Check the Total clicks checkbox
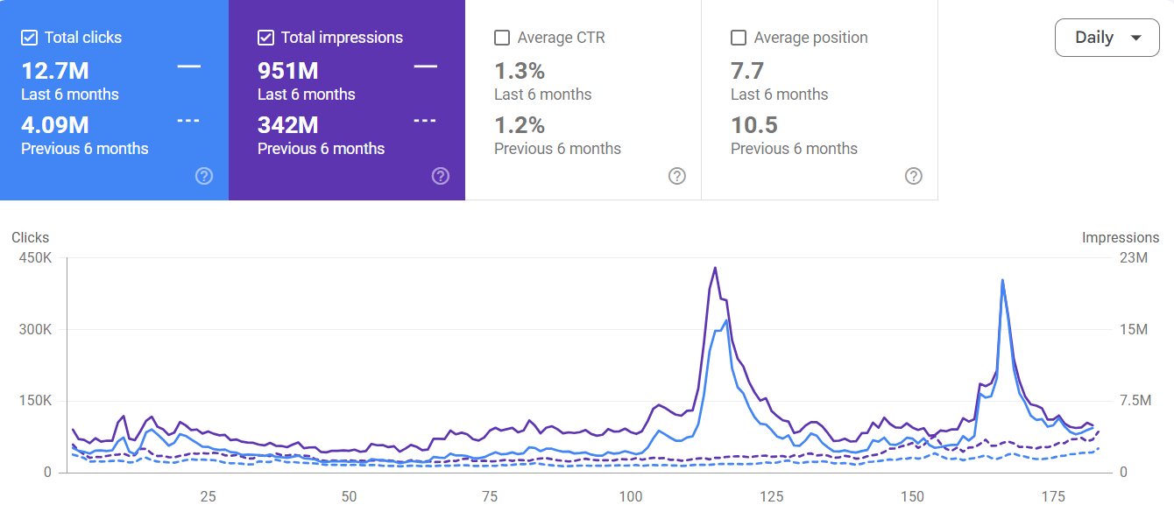click(x=29, y=38)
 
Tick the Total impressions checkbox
click(x=265, y=38)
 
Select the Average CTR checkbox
click(x=502, y=38)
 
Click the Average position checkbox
click(x=739, y=38)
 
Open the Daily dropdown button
click(x=1107, y=38)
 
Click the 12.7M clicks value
click(x=55, y=71)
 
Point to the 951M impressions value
click(x=288, y=71)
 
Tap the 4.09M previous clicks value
click(x=55, y=125)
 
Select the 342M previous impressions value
click(x=288, y=125)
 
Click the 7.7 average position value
click(x=747, y=71)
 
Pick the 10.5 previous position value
click(x=754, y=125)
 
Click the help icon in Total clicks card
click(x=204, y=176)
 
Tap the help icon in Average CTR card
click(x=677, y=176)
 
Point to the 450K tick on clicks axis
click(x=35, y=258)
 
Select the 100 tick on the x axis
click(x=631, y=497)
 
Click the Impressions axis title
click(x=1120, y=237)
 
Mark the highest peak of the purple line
click(x=715, y=268)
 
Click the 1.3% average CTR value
click(x=520, y=71)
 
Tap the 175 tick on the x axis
click(x=1054, y=497)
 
